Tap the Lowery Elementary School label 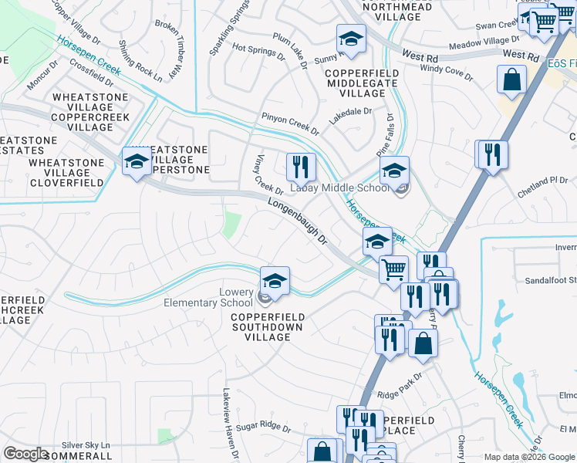(x=208, y=298)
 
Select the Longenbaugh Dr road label (x=299, y=221)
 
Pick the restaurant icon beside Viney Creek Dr (x=300, y=167)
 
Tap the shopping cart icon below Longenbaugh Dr (x=393, y=270)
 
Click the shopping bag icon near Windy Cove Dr (x=511, y=79)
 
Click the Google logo (x=26, y=454)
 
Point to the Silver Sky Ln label (x=86, y=445)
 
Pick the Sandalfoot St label (x=551, y=280)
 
